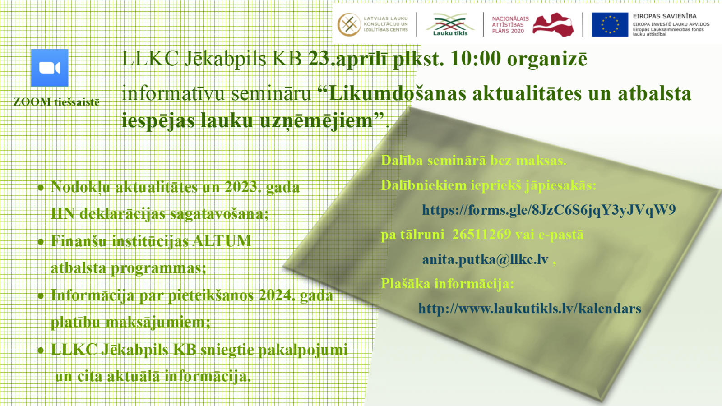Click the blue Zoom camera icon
pos(50,68)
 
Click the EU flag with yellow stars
pos(610,24)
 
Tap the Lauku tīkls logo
pos(450,24)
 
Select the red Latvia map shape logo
pos(553,24)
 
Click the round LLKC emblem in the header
pos(349,24)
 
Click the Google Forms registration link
pos(549,210)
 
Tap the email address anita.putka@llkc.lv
pos(485,259)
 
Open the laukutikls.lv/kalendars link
pos(530,309)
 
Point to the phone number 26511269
pos(481,234)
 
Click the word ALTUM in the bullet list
pos(222,241)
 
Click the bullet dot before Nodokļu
pos(41,188)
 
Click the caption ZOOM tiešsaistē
pos(56,102)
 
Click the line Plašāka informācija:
pos(447,284)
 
